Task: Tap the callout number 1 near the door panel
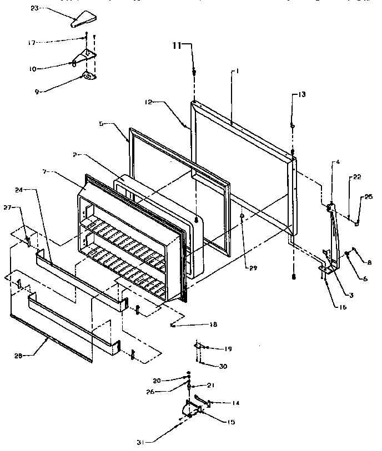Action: (237, 72)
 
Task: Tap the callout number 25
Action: (368, 196)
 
